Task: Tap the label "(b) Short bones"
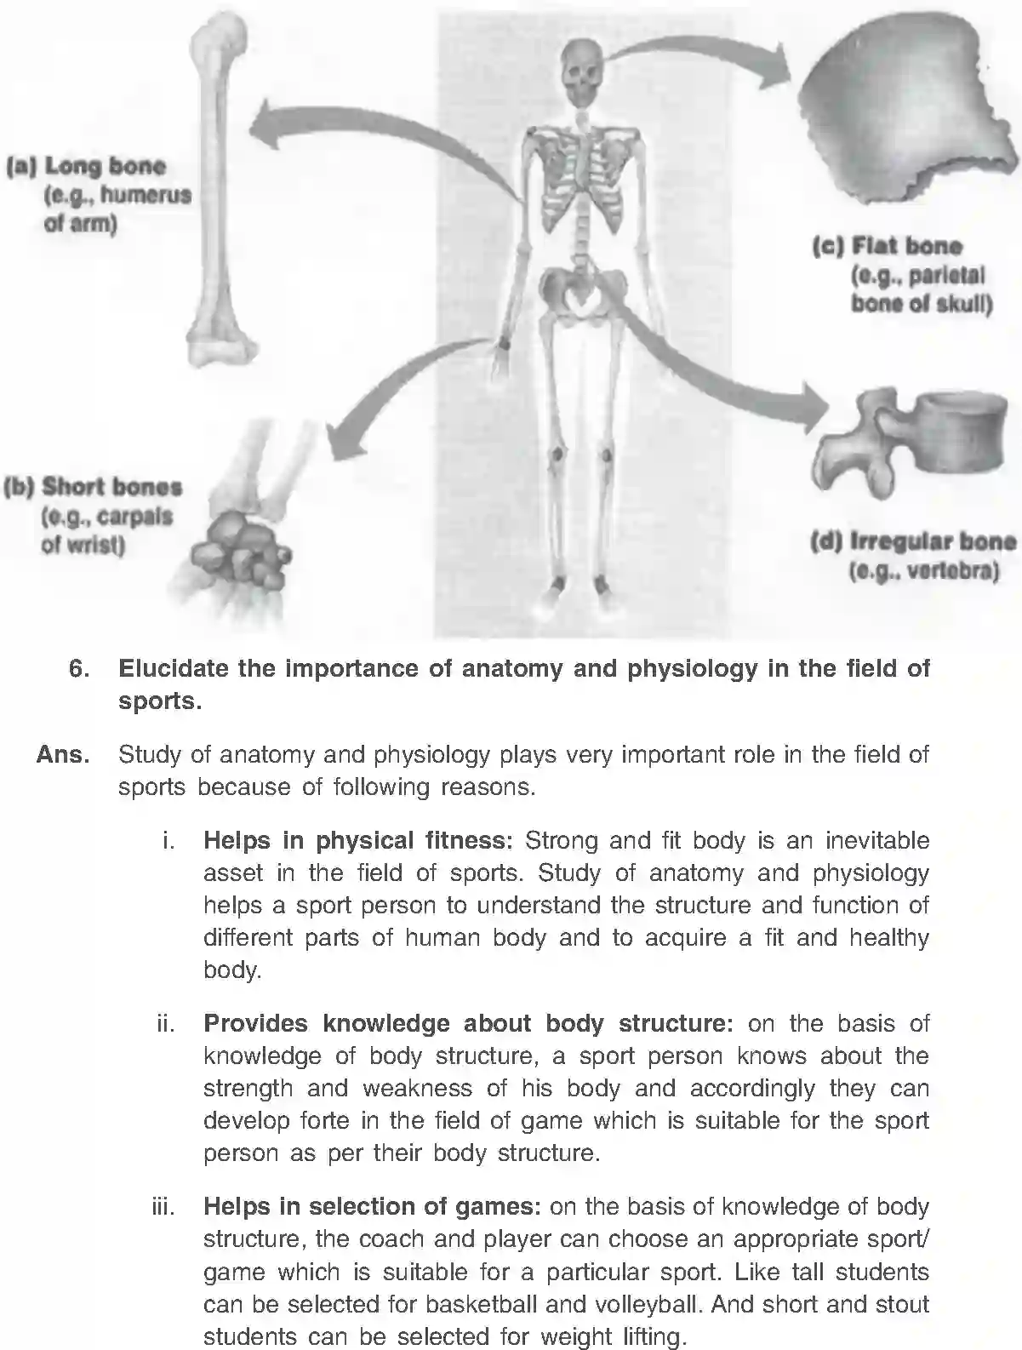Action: click(93, 488)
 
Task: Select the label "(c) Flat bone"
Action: click(887, 247)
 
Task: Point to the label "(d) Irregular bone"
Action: click(912, 542)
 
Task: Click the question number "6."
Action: click(79, 669)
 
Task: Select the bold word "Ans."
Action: click(63, 755)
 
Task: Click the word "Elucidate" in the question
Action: click(173, 669)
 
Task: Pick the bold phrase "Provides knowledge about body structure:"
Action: click(468, 1023)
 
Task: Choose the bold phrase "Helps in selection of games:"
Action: click(372, 1207)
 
